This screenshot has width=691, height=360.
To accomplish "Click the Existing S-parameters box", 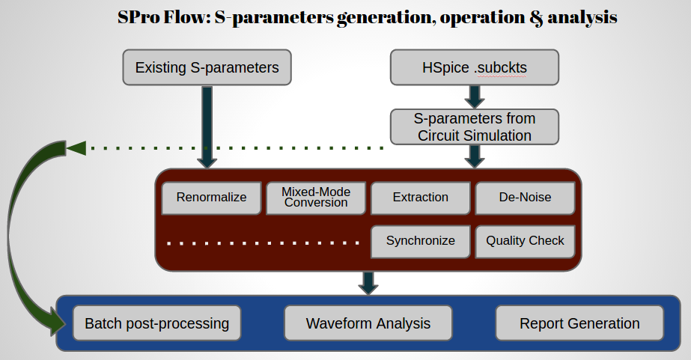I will point(207,67).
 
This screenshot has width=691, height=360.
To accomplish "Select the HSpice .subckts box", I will point(475,67).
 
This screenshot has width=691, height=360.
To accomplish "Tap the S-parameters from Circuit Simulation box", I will point(475,126).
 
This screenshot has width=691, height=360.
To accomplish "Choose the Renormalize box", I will point(211,198).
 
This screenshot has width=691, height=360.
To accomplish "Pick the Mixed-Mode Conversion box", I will point(316,198).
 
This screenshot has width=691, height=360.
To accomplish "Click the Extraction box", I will point(421,198).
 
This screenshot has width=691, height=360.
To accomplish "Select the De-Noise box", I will point(525,198).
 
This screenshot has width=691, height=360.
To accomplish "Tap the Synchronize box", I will point(421,241).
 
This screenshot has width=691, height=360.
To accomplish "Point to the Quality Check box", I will point(525,241).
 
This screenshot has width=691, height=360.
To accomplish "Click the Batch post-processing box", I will point(156,323).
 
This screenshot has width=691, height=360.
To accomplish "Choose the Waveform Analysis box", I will point(368,323).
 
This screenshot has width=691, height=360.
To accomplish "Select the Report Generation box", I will point(579,323).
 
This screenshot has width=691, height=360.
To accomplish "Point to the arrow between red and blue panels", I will point(368,282).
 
